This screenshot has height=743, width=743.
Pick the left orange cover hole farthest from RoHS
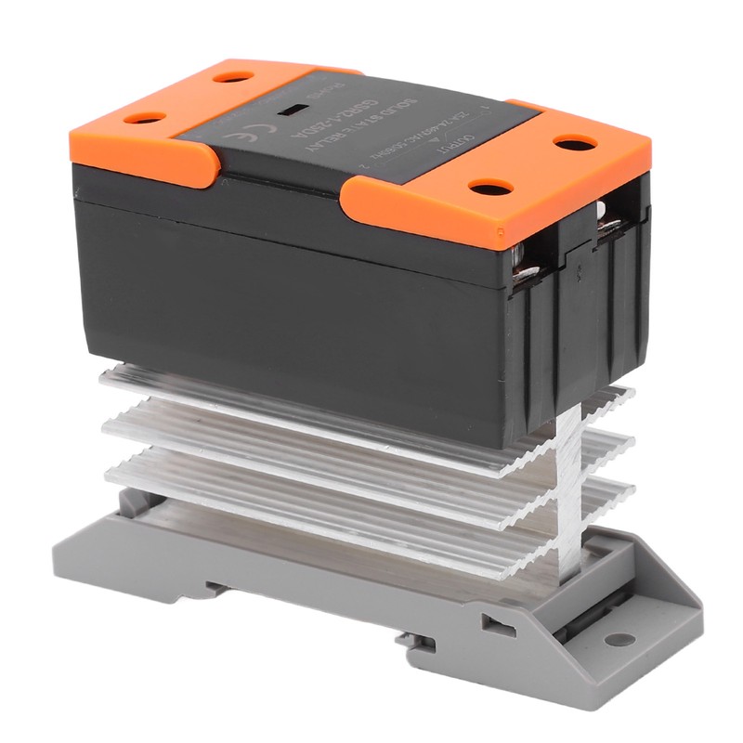(x=145, y=118)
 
